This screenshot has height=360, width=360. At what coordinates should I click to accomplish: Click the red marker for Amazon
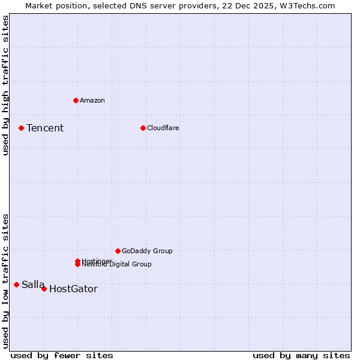[76, 100]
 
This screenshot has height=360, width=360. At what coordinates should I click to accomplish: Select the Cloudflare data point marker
[143, 128]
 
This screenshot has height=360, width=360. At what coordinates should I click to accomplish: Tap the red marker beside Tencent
[21, 128]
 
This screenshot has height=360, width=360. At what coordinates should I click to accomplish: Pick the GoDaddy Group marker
[118, 251]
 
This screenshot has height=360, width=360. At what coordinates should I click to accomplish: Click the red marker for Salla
[16, 284]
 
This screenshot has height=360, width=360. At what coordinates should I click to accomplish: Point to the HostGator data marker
[44, 289]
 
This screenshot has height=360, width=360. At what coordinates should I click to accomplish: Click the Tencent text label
[45, 128]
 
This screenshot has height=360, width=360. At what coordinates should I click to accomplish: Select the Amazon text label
[92, 100]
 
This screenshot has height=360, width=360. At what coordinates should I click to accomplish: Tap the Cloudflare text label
[163, 128]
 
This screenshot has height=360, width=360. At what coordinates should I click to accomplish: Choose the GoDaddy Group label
[147, 251]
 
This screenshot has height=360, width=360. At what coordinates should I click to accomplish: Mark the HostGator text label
[73, 289]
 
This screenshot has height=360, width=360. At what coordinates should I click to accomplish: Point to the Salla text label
[33, 284]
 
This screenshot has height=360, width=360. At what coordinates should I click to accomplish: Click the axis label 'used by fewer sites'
[62, 355]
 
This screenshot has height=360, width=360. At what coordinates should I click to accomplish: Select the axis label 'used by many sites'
[301, 355]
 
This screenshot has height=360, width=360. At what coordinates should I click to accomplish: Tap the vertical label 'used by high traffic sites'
[5, 85]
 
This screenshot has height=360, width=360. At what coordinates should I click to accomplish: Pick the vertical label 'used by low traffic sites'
[5, 280]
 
